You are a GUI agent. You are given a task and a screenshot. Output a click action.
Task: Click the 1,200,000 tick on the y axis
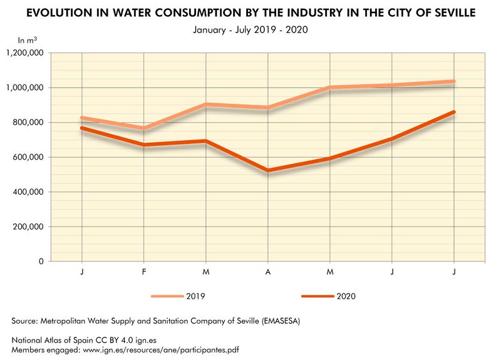(24, 53)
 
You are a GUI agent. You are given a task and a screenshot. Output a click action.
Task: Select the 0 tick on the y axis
(40, 262)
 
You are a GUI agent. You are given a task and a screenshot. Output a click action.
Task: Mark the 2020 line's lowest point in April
(268, 170)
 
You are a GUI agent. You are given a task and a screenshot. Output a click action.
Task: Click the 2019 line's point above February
(144, 128)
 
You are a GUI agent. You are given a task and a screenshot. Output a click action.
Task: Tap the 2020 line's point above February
(144, 145)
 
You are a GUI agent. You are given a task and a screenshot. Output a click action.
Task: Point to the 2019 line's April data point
(268, 108)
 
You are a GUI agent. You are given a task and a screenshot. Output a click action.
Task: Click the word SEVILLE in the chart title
(453, 13)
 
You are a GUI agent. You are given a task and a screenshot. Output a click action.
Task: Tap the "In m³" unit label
(28, 40)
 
